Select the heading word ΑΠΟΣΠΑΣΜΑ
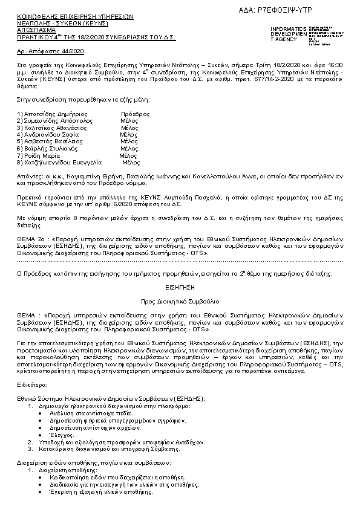click(x=36, y=29)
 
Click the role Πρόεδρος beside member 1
click(x=135, y=114)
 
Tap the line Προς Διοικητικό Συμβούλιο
click(x=179, y=300)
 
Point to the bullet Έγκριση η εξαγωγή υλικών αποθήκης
click(x=101, y=491)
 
